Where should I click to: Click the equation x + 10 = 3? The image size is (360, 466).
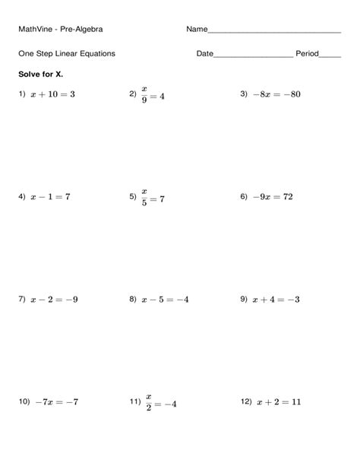(x=52, y=94)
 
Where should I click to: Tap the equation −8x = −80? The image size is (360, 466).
(x=277, y=94)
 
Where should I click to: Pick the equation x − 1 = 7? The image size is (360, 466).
(x=50, y=196)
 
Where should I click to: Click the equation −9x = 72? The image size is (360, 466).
(x=272, y=196)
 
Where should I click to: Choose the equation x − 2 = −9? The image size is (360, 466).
(x=53, y=300)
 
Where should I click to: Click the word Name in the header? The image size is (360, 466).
(x=196, y=30)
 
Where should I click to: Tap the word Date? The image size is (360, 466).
(x=204, y=54)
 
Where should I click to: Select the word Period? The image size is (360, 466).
(x=307, y=54)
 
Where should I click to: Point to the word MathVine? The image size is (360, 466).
(x=37, y=30)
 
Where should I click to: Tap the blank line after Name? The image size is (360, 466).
(x=273, y=31)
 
